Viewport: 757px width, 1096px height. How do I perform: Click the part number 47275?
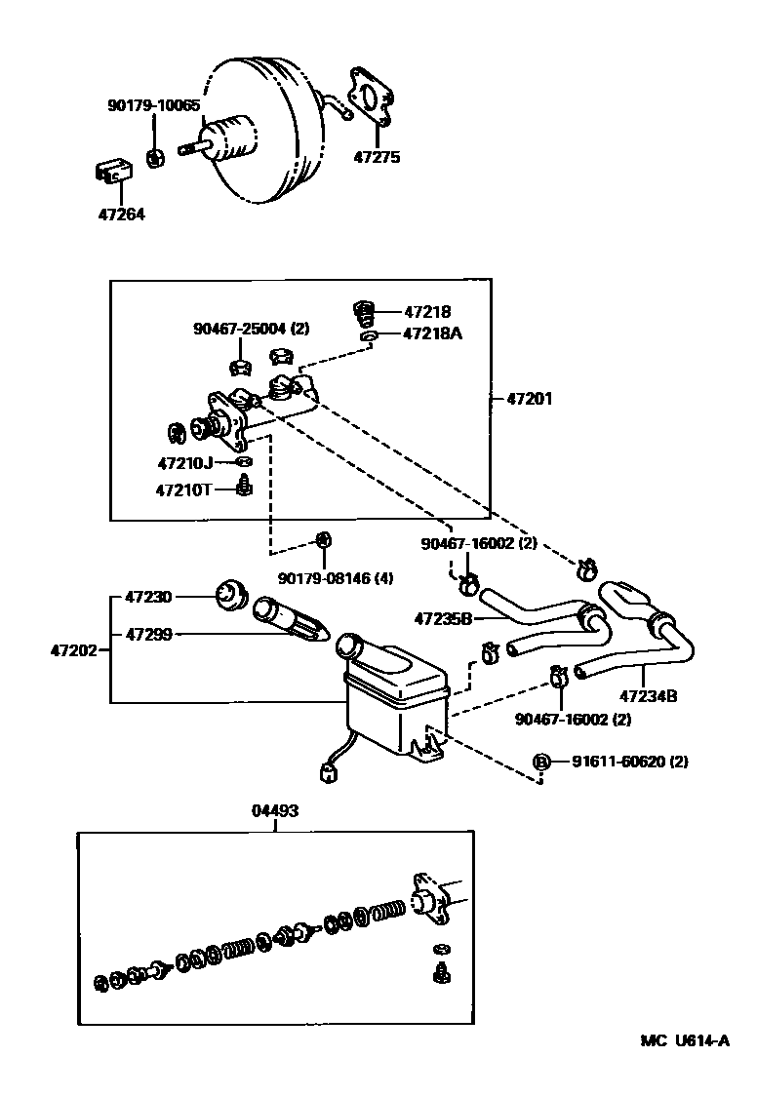point(377,156)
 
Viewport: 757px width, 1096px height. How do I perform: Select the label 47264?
point(121,214)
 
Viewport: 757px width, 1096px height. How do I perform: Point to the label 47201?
point(530,399)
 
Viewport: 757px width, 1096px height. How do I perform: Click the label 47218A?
point(432,333)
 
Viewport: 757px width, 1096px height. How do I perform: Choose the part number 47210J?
point(183,462)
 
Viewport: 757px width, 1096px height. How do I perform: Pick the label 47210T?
point(183,489)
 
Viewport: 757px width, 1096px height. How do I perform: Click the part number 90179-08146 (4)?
point(336,579)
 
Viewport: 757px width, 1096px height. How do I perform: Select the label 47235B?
point(443,617)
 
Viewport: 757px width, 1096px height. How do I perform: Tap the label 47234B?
point(648,696)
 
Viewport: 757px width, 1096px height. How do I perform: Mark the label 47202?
point(73,649)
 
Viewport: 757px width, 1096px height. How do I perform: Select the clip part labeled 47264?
point(112,172)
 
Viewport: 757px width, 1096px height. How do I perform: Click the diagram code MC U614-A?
point(684,1040)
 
